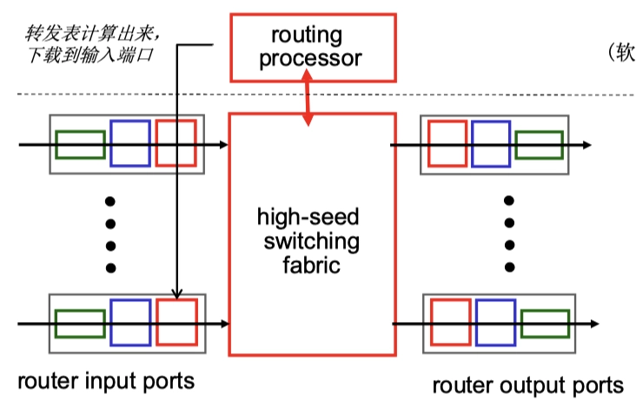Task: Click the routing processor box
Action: point(312,47)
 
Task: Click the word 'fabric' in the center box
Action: point(309,263)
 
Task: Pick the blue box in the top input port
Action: point(129,143)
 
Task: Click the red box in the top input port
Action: point(176,143)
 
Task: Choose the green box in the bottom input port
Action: point(80,324)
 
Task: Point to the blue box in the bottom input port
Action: point(129,323)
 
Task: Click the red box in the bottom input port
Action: point(176,323)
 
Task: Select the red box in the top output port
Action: point(448,143)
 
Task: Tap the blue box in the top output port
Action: point(491,143)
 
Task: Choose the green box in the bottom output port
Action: point(545,324)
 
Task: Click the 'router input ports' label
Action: point(105,380)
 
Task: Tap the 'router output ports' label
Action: point(527,384)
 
